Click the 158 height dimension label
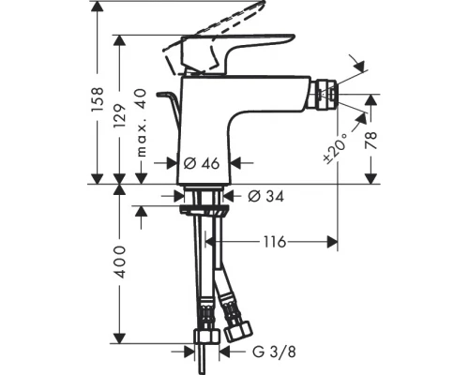pos(94,93)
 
